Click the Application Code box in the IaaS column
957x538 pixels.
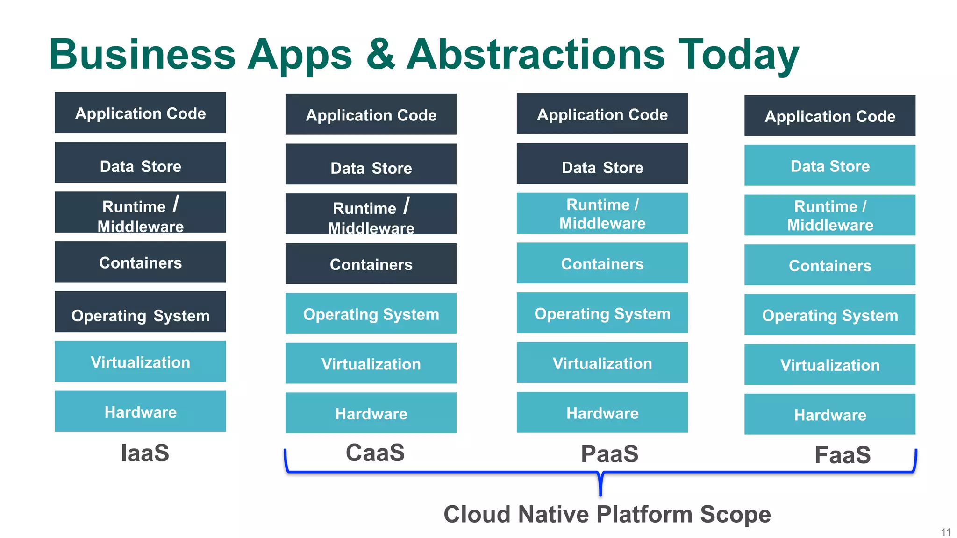[140, 113]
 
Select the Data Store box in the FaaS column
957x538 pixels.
[829, 165]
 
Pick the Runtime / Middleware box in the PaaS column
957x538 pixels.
[602, 213]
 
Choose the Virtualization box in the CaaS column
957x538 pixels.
[371, 363]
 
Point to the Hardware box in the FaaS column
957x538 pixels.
[829, 414]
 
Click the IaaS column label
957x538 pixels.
[145, 453]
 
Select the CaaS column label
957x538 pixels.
[375, 453]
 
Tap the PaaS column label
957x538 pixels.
[609, 454]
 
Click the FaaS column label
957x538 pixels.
[842, 455]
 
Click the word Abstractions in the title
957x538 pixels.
[536, 54]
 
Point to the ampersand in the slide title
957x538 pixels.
[380, 54]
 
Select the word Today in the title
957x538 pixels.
[738, 55]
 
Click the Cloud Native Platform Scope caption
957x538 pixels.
[607, 514]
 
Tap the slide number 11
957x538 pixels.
[945, 532]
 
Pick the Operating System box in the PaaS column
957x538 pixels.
[602, 313]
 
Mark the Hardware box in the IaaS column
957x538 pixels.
[140, 411]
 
